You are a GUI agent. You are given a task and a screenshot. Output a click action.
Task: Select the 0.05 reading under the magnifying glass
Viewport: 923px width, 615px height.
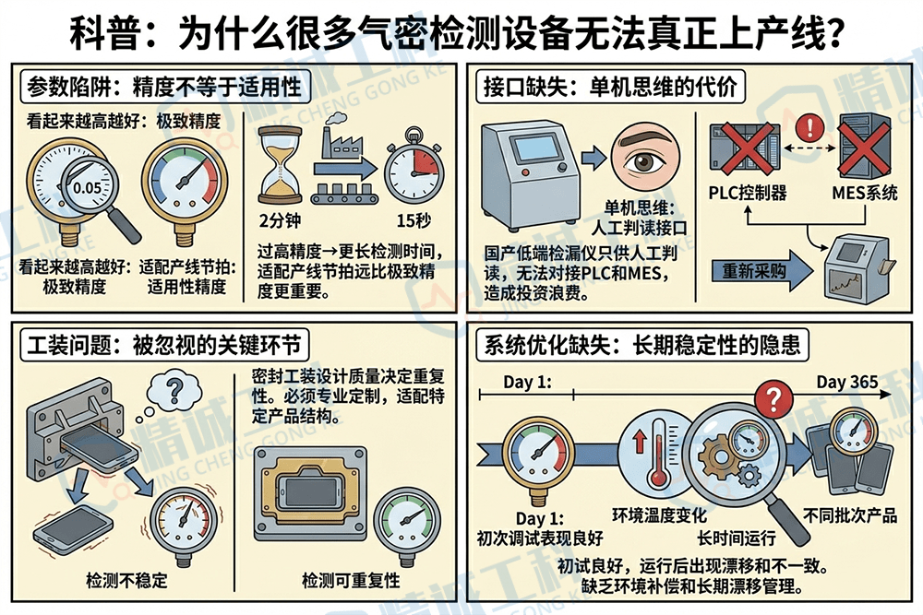[88, 187]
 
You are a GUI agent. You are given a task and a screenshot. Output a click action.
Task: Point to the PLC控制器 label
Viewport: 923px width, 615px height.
[748, 193]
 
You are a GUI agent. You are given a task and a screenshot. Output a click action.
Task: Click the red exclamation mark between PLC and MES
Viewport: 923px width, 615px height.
[809, 126]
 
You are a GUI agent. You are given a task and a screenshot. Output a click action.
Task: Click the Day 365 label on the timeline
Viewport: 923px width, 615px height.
[846, 382]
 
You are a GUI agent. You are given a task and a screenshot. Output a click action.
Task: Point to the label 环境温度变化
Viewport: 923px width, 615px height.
[659, 514]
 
